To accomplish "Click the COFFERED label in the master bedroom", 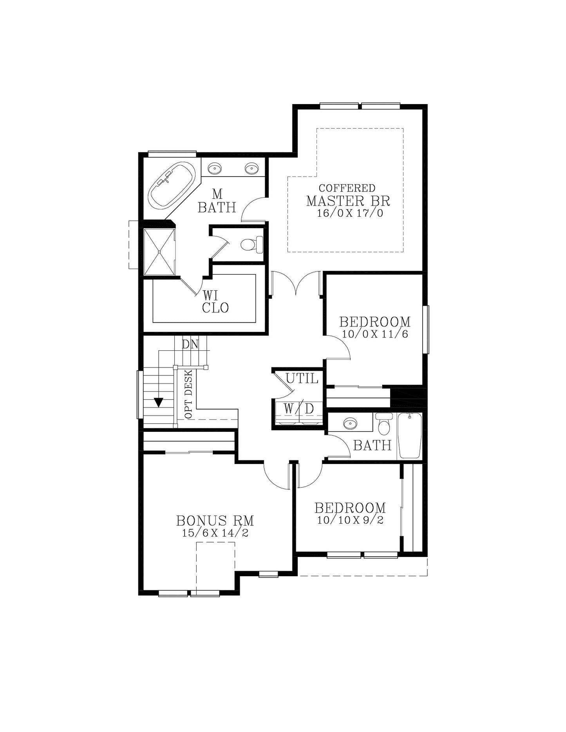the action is (347, 188).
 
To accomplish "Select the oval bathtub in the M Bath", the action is (172, 185).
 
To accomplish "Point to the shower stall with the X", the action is (159, 252).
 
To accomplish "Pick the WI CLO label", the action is (215, 301).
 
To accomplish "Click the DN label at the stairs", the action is (190, 344).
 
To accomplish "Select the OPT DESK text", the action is (188, 394).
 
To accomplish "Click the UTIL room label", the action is (302, 379).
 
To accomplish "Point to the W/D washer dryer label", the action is (299, 409).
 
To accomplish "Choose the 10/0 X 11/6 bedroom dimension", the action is (375, 334).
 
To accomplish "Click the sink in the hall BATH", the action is (350, 423).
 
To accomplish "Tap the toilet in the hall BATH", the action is (384, 424).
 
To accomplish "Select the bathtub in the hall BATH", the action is (410, 435).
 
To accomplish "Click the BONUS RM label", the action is (215, 521).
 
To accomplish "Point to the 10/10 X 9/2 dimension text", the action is (350, 520).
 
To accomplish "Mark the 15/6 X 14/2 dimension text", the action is (215, 533).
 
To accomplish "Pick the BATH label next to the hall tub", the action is (372, 445).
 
